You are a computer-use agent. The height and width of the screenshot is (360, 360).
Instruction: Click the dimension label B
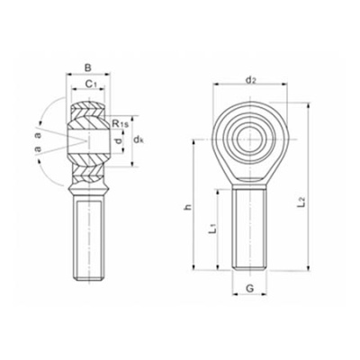click(x=87, y=67)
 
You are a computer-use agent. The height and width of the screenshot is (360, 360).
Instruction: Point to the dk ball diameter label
click(x=139, y=140)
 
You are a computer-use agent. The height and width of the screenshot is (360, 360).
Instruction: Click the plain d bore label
click(x=120, y=142)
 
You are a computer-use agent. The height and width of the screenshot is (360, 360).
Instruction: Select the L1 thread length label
click(x=210, y=229)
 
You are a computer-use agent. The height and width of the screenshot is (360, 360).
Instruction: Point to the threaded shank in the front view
click(x=249, y=225)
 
